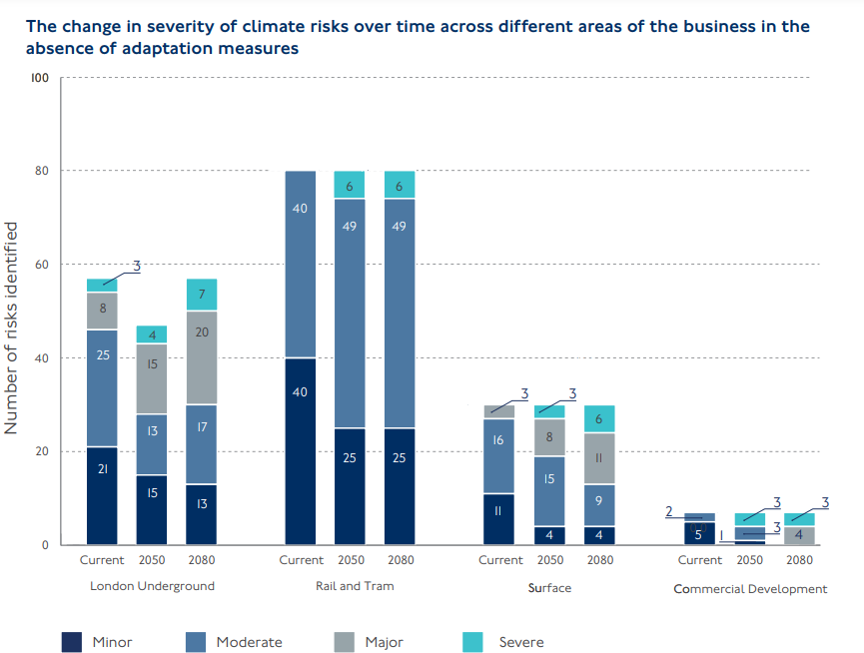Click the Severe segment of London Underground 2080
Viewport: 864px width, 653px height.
[202, 295]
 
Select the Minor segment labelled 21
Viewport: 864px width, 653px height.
[102, 495]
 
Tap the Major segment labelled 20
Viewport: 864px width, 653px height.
[202, 357]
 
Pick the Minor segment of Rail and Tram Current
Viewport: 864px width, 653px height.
[301, 450]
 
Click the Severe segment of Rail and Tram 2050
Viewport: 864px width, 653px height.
[350, 185]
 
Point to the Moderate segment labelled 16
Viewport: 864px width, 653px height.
[498, 455]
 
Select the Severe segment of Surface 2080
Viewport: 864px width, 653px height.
[599, 418]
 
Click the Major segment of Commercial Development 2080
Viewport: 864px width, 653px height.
[798, 535]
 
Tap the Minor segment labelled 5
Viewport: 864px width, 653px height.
[699, 533]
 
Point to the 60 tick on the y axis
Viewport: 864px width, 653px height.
[41, 265]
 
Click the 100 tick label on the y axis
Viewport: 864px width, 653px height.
[39, 77]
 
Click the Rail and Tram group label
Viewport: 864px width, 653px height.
[352, 586]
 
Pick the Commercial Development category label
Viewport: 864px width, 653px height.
[750, 589]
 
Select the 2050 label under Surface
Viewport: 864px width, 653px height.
[549, 560]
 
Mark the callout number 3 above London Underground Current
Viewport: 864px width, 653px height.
[137, 266]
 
